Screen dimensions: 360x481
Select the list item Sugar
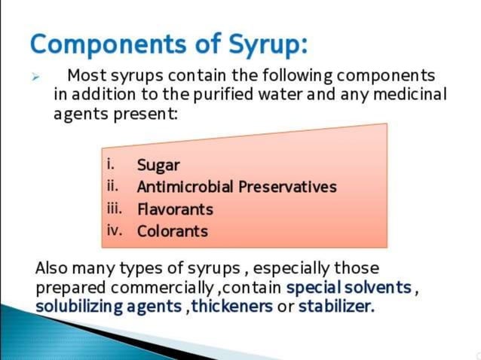[158, 166]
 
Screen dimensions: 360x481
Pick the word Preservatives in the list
[287, 187]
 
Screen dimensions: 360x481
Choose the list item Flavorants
[175, 209]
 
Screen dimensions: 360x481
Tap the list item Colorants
[172, 231]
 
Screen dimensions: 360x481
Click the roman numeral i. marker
[111, 163]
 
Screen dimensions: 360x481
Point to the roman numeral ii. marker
[113, 185]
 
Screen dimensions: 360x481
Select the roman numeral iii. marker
[115, 208]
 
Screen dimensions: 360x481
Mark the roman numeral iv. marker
[114, 230]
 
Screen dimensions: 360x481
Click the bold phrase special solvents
[349, 288]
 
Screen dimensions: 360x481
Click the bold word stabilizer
[335, 307]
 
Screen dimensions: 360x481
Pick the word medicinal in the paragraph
[409, 96]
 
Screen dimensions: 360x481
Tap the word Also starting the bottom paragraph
[51, 268]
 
